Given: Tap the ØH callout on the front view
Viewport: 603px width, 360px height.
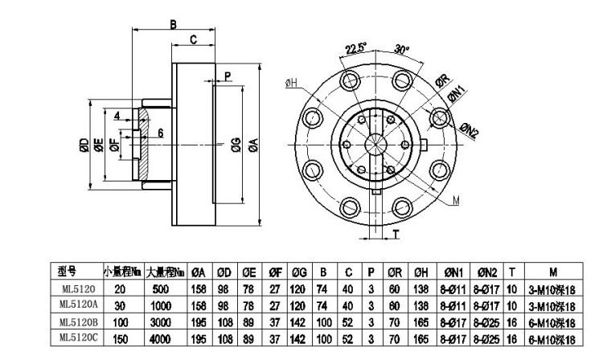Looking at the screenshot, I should tap(291, 82).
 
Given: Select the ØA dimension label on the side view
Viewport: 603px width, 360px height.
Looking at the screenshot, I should tap(252, 145).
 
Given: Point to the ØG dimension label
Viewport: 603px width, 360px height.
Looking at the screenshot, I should tap(235, 145).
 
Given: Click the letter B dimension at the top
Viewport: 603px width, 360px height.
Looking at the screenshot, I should tap(173, 25).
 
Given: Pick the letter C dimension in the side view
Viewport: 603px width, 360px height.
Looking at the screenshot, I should tap(193, 39).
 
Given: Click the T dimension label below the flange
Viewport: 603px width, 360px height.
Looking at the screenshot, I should tap(396, 234).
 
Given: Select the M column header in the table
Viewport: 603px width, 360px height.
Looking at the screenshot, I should tap(555, 272).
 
